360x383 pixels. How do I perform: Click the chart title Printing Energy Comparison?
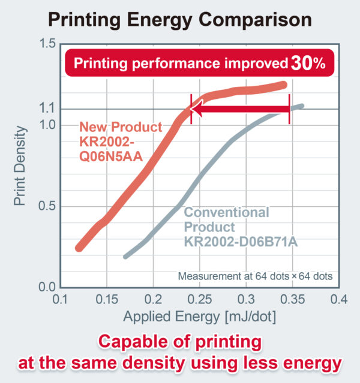(179, 19)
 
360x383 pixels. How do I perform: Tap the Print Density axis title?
(20, 165)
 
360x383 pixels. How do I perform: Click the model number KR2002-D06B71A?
(241, 241)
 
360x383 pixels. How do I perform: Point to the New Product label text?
(121, 127)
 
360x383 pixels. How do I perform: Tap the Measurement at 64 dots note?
(255, 276)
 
